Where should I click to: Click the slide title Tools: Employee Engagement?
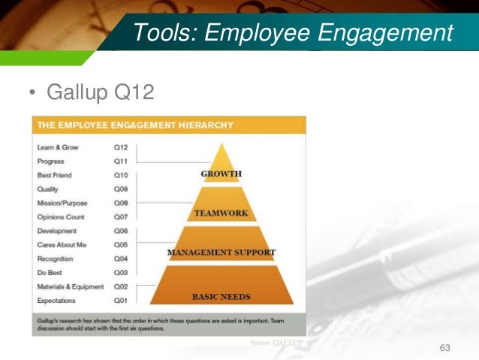pos(293,32)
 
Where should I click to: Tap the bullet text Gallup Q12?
pos(100,93)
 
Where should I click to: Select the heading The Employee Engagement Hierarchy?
pos(136,125)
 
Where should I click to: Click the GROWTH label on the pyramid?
pos(221,174)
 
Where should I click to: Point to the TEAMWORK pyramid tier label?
pos(221,213)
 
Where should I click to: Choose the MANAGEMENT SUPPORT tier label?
pos(221,253)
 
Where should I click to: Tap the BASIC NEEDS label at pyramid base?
pos(221,296)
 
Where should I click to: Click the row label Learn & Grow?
pos(58,147)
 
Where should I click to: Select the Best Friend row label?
pos(56,175)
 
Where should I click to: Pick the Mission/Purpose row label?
pos(62,203)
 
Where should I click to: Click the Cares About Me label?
pos(62,245)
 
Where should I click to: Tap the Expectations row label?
pos(57,301)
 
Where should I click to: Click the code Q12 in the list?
pos(121,147)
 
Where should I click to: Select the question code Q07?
pos(121,217)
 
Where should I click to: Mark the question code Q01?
pos(121,301)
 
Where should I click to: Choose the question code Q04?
pos(121,259)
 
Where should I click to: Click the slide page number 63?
pos(445,347)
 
